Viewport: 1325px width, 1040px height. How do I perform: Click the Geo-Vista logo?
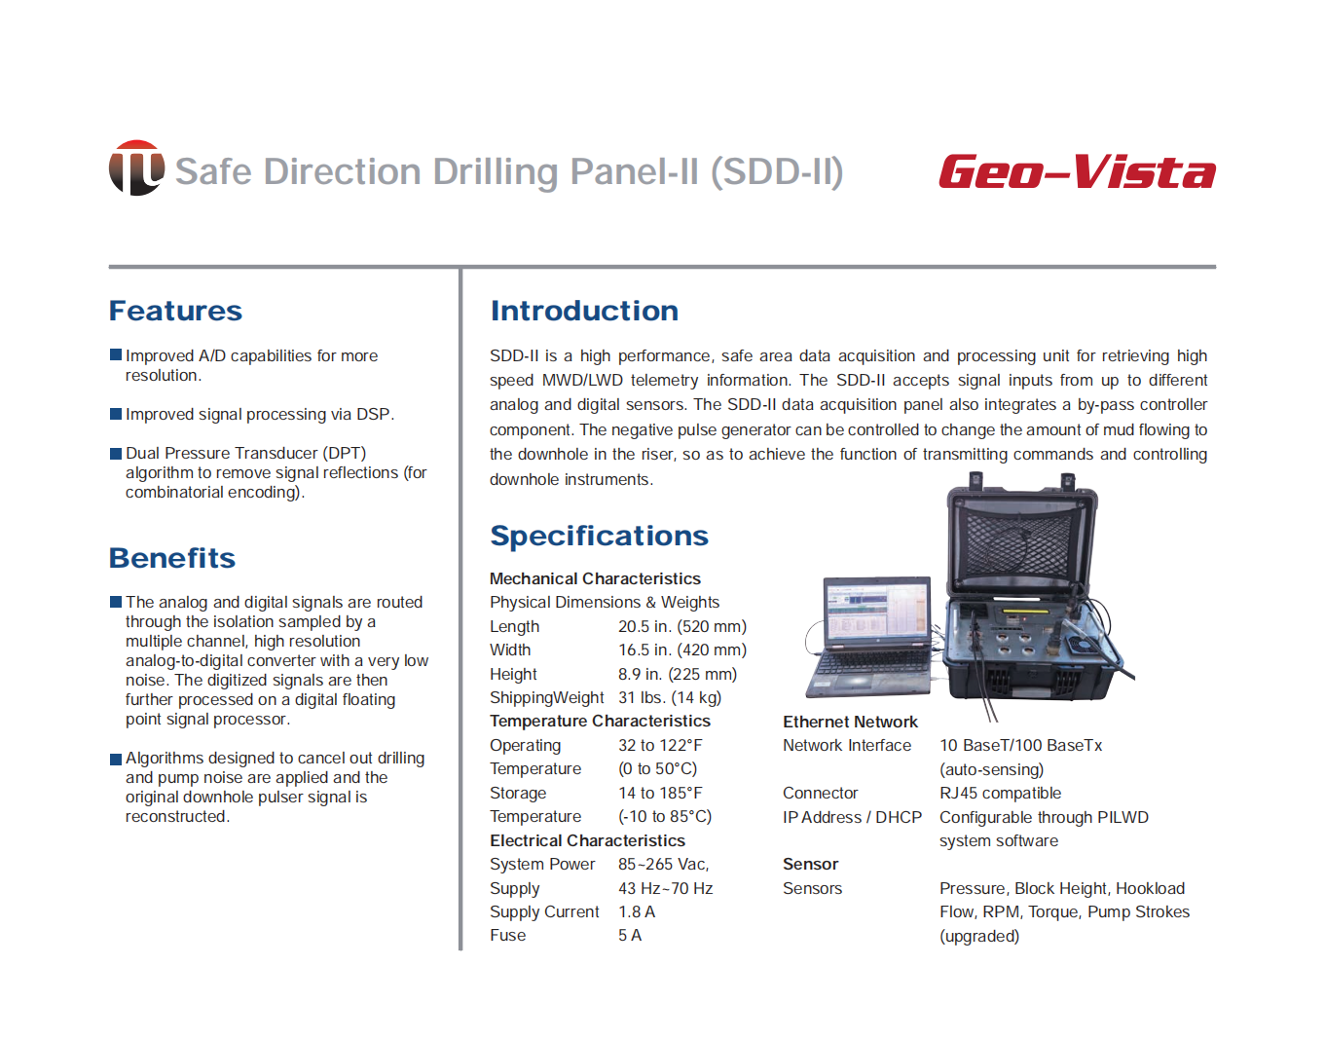coord(1077,171)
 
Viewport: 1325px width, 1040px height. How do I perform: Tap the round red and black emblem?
coord(136,167)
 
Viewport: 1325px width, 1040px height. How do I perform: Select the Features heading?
coord(175,311)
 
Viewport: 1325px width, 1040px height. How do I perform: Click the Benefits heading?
coord(172,558)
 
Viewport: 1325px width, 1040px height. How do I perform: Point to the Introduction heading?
coord(584,311)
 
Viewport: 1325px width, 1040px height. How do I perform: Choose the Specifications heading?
coord(600,536)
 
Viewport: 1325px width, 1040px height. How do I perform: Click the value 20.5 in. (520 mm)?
coord(682,626)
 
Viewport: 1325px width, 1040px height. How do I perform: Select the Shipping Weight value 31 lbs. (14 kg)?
coord(670,697)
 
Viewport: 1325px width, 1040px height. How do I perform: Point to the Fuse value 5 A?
coord(630,935)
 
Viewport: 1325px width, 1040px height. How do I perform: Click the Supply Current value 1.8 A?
coord(637,911)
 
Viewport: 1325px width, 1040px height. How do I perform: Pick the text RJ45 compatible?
coord(1000,793)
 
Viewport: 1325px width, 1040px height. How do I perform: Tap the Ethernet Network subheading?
coord(850,722)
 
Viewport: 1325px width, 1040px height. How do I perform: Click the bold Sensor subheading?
coord(810,864)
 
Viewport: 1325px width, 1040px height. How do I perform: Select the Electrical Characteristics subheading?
coord(587,840)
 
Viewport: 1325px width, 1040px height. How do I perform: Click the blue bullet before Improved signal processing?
coord(116,414)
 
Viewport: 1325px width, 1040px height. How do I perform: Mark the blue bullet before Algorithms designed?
coord(116,759)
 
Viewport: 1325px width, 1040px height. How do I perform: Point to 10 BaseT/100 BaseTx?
coord(1020,745)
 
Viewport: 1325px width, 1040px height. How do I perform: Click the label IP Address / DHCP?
coord(852,817)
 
